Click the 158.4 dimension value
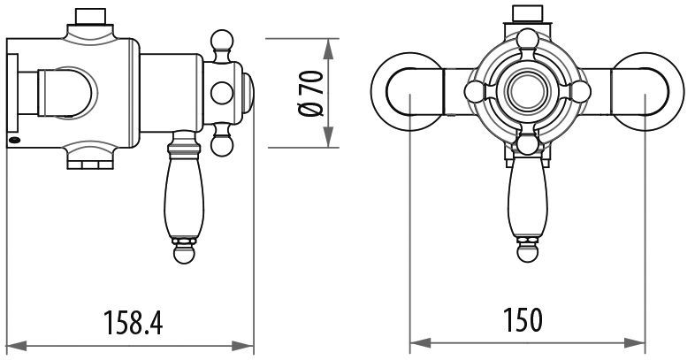point(133,322)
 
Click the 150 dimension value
point(523,319)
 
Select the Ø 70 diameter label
point(310,93)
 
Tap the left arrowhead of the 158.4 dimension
point(17,346)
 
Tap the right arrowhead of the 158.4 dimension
point(243,346)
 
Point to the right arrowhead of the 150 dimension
point(634,342)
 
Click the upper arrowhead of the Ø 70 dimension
point(328,49)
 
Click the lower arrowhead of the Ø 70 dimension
point(328,137)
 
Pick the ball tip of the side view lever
point(184,253)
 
